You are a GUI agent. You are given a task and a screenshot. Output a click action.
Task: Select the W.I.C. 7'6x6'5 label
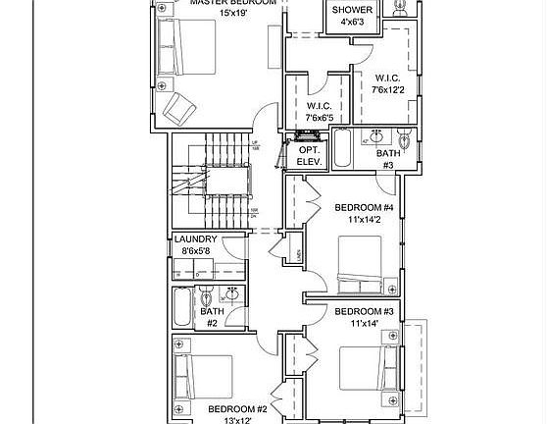tap(320, 111)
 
